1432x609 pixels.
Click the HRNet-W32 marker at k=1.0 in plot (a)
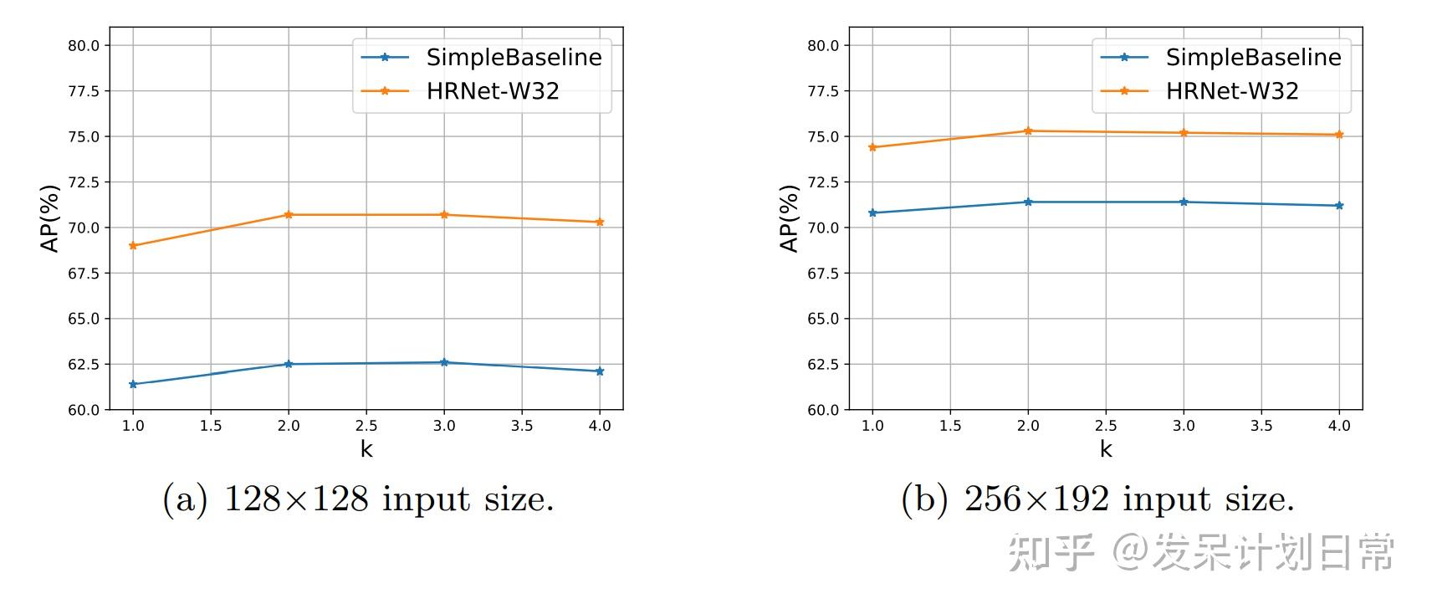[133, 246]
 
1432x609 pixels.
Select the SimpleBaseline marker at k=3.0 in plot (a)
[444, 362]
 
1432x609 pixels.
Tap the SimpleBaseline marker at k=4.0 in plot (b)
[1339, 206]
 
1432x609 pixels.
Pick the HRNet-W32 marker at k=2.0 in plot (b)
[1028, 131]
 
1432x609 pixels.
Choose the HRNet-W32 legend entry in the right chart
[1231, 91]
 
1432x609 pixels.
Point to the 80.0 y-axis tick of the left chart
[84, 46]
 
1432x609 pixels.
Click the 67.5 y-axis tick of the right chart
[823, 274]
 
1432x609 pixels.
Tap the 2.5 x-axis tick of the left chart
[366, 426]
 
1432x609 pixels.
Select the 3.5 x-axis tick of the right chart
[1261, 426]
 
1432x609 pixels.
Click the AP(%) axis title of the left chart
[50, 218]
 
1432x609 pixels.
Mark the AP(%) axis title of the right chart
[790, 218]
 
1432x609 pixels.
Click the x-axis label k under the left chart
[366, 449]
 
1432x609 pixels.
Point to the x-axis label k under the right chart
[1106, 449]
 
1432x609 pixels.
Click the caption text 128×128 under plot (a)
[296, 499]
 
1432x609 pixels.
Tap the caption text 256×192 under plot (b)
[1036, 499]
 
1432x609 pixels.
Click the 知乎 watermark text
[1051, 552]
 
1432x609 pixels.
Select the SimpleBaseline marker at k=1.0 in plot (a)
[133, 385]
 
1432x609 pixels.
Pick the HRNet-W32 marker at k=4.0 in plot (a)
[600, 223]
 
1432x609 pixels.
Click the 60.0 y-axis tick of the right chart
[823, 410]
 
